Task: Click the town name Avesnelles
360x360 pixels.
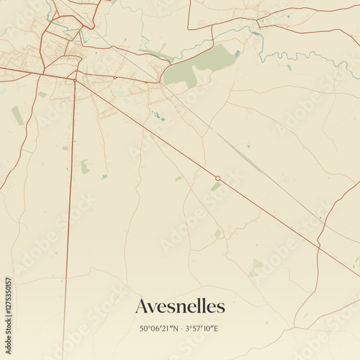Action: click(180, 307)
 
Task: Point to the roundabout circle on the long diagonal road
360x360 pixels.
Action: click(217, 178)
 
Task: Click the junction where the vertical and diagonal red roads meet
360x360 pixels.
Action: click(75, 80)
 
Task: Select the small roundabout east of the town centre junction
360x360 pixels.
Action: click(114, 77)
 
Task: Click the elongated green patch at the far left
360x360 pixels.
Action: click(17, 115)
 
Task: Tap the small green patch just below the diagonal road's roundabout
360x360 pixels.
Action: click(215, 187)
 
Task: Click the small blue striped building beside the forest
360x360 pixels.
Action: click(238, 53)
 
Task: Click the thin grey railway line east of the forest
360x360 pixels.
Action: click(238, 148)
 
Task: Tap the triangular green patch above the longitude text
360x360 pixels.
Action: click(256, 268)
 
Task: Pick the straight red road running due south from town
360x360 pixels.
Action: click(71, 216)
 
